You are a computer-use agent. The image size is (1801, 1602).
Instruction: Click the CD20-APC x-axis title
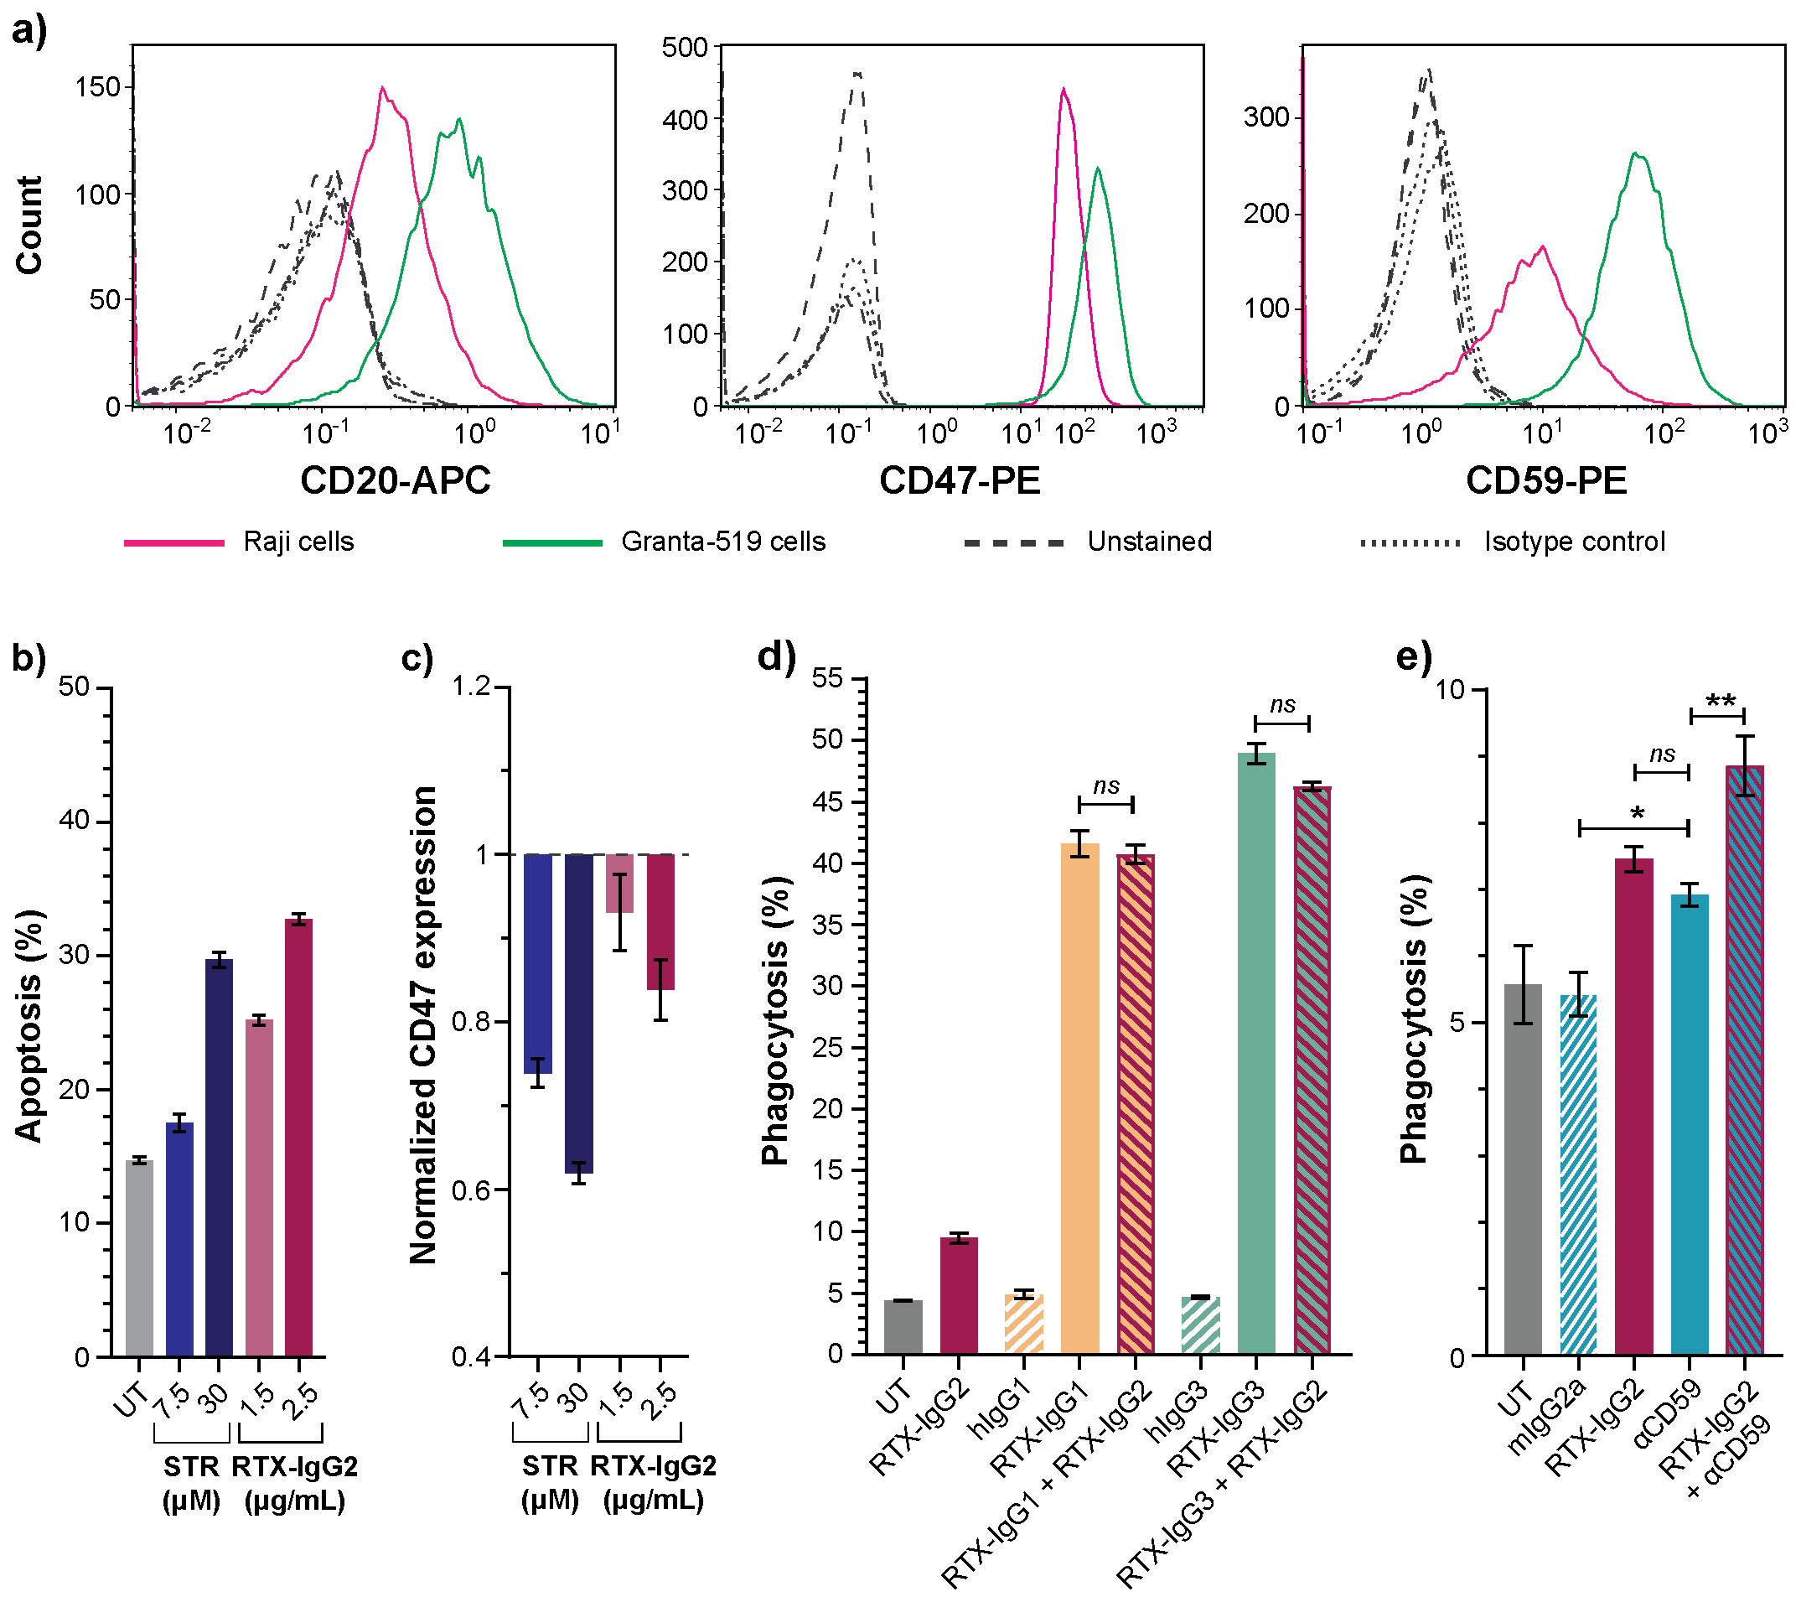click(x=395, y=481)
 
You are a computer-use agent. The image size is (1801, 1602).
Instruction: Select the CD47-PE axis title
click(x=960, y=481)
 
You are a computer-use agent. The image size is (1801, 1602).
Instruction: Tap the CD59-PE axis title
click(x=1546, y=481)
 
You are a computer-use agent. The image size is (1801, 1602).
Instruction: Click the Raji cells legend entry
click(x=298, y=541)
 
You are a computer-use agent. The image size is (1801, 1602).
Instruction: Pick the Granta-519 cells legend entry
click(x=722, y=541)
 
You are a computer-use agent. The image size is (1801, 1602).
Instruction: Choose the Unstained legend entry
click(x=1149, y=541)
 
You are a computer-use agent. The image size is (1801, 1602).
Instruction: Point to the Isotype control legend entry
click(x=1574, y=541)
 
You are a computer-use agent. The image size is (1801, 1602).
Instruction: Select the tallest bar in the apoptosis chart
click(x=298, y=1137)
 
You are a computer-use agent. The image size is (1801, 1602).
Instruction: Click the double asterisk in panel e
click(x=1720, y=702)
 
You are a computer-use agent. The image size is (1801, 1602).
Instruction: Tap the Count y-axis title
click(x=29, y=225)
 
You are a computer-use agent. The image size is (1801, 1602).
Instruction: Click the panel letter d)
click(x=776, y=656)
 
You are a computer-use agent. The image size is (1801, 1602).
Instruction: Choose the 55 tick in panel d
click(x=827, y=678)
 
